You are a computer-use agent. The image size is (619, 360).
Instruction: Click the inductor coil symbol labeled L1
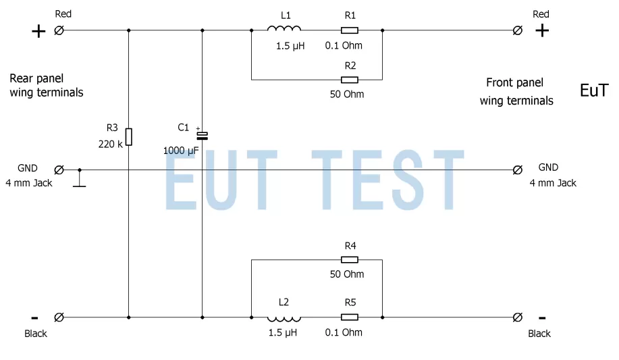(x=284, y=29)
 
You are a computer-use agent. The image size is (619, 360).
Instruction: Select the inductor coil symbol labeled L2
(x=284, y=317)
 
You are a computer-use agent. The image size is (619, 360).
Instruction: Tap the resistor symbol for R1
(x=349, y=30)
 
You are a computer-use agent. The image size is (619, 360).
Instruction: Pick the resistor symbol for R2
(x=349, y=80)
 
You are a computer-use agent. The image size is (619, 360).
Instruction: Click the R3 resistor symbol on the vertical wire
(x=128, y=137)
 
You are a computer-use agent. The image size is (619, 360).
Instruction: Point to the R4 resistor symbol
(x=349, y=259)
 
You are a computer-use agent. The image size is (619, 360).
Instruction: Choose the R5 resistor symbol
(x=349, y=317)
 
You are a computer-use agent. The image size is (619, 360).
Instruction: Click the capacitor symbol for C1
(x=202, y=135)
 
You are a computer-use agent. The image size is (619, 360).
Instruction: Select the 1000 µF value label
(x=180, y=151)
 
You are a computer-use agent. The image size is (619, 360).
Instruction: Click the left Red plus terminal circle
(x=59, y=30)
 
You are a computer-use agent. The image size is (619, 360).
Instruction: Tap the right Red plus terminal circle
(x=518, y=30)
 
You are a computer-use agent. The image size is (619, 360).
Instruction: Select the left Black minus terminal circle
(x=59, y=317)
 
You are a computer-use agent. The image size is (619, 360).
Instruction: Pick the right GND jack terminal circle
(x=518, y=170)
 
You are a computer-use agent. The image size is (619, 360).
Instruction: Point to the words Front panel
(x=514, y=83)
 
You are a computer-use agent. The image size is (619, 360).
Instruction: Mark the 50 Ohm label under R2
(x=347, y=95)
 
